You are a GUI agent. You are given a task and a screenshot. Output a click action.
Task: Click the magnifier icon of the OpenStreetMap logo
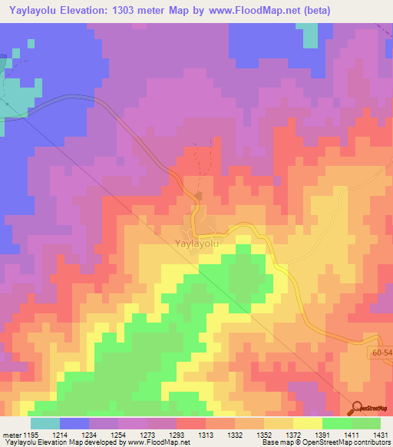tap(358, 408)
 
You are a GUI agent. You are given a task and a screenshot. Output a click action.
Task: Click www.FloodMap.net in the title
tap(271, 11)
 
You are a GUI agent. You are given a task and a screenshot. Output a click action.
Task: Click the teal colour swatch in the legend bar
tap(45, 423)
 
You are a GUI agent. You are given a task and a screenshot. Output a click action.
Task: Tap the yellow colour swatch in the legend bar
tap(308, 423)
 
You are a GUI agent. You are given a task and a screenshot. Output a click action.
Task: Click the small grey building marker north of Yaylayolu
tap(199, 197)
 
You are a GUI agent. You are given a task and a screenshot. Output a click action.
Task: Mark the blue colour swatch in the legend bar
tap(74, 423)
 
